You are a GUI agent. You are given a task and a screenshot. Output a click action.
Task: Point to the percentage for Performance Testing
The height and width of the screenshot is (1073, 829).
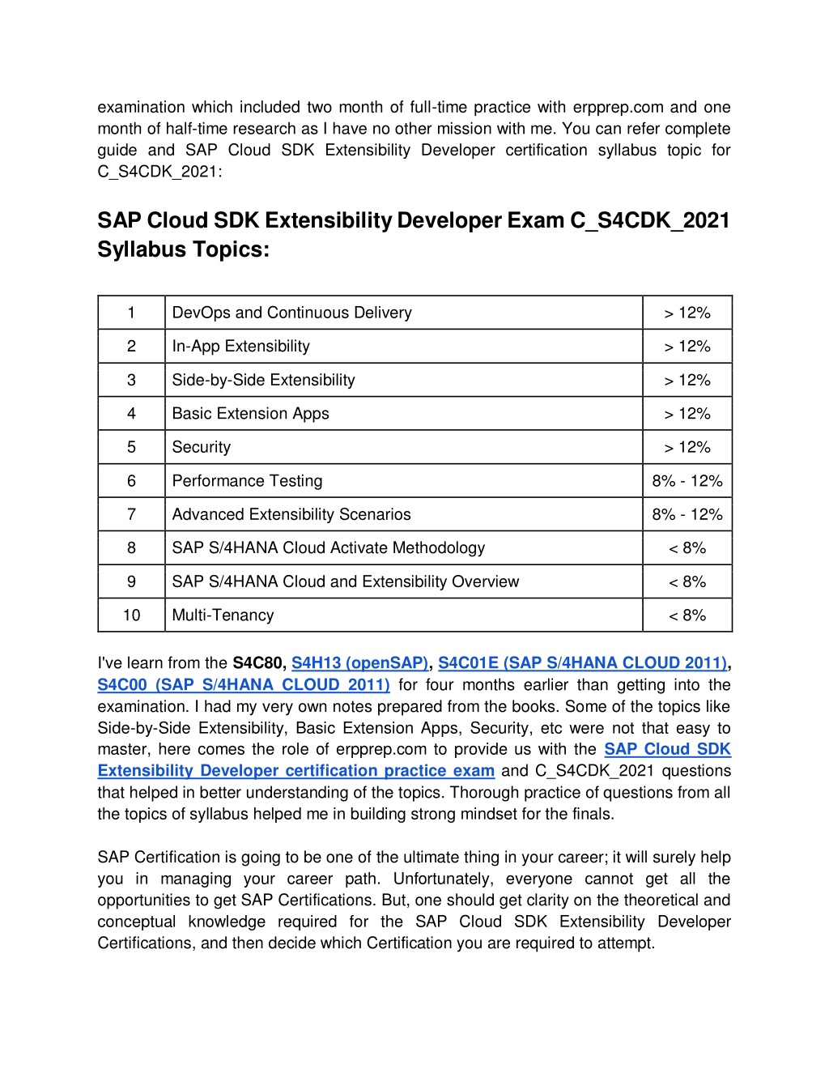click(x=687, y=480)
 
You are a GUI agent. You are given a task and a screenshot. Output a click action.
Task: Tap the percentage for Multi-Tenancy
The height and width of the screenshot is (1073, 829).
click(x=687, y=615)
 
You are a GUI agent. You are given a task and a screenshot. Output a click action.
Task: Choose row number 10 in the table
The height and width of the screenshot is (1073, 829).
click(x=131, y=615)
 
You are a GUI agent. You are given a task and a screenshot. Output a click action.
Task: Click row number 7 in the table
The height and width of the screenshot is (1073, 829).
click(x=131, y=514)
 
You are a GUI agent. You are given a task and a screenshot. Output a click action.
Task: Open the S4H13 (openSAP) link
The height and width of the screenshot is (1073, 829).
click(x=359, y=662)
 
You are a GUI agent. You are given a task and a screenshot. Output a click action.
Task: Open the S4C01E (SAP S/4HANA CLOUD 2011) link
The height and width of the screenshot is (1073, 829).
click(x=583, y=662)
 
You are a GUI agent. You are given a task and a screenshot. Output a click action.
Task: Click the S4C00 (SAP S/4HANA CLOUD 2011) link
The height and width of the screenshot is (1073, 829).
click(x=244, y=684)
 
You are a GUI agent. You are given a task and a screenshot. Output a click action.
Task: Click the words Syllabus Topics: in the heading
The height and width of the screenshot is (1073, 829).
click(x=183, y=249)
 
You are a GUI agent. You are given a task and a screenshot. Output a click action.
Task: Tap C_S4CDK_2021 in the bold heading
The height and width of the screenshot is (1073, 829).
click(x=650, y=221)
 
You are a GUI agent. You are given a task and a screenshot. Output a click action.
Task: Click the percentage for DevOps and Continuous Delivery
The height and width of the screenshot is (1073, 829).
click(x=687, y=313)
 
